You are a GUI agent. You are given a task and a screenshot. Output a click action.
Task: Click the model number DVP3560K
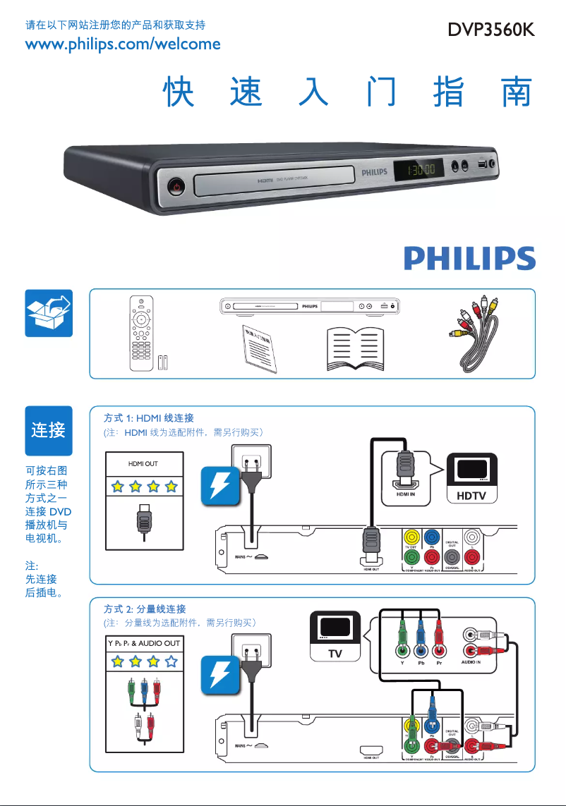(x=490, y=32)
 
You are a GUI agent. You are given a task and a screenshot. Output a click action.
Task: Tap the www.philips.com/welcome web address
(x=123, y=44)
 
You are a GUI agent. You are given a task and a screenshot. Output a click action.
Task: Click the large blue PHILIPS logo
(x=469, y=258)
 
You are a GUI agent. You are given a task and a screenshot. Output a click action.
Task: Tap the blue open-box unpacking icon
(x=49, y=313)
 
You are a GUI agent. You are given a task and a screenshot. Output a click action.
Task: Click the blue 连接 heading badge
(x=49, y=430)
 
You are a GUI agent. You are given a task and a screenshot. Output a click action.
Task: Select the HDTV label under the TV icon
(x=471, y=496)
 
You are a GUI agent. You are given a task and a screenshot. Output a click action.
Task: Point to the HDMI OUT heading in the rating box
(x=143, y=463)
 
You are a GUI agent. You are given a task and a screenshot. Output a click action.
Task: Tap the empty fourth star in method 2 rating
(x=171, y=661)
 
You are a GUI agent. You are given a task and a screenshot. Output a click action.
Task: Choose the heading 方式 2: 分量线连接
(x=145, y=609)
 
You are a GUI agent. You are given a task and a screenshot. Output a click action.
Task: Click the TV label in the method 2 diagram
(x=335, y=654)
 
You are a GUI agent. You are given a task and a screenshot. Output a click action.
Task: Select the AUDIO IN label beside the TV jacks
(x=471, y=663)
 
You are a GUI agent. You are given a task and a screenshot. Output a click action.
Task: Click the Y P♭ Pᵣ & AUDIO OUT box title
(x=144, y=643)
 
